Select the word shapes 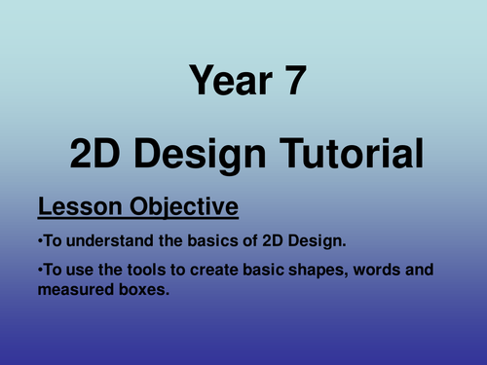pyautogui.click(x=313, y=270)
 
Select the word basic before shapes pyautogui.click(x=257, y=270)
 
